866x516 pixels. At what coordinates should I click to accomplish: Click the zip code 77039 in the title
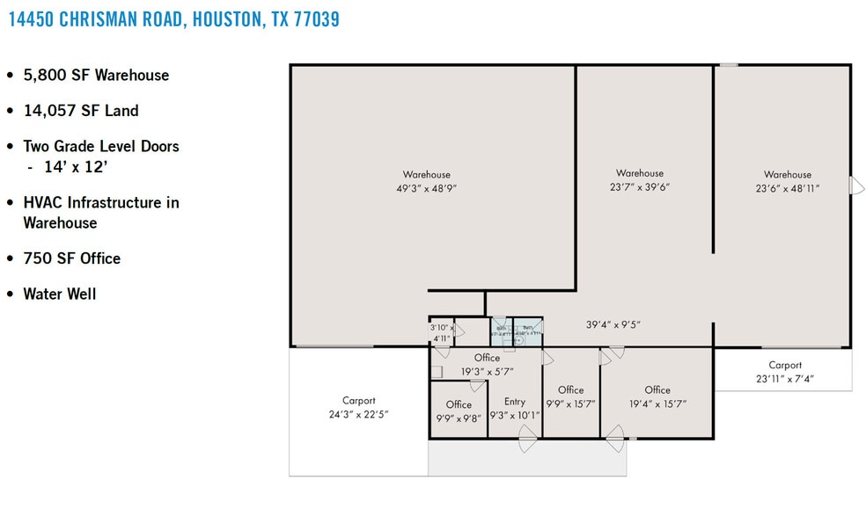tap(311, 19)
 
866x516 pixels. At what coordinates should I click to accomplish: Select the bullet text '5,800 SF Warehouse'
tap(96, 75)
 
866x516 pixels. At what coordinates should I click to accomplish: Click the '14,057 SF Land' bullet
tap(81, 111)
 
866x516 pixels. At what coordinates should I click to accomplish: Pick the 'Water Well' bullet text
tap(60, 294)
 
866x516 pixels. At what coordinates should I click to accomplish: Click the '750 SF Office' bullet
tap(72, 258)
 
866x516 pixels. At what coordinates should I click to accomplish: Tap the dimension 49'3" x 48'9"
tap(427, 188)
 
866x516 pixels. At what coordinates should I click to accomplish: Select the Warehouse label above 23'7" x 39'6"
tap(640, 173)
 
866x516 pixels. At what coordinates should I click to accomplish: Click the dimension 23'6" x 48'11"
tap(788, 188)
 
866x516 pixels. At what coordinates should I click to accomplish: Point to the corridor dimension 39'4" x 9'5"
tap(613, 324)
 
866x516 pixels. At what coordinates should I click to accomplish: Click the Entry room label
tap(515, 402)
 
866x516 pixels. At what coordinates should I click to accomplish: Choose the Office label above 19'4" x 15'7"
tap(657, 390)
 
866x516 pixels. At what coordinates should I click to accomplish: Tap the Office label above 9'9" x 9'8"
tap(459, 404)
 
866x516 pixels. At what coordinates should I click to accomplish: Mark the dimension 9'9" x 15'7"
tap(571, 404)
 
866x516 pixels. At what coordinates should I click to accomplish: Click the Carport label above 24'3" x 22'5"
tap(359, 400)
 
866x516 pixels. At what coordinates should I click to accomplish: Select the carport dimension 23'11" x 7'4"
tap(785, 379)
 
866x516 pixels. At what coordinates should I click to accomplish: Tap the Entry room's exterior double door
tap(528, 438)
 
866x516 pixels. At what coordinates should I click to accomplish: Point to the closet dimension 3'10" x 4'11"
tap(441, 332)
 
